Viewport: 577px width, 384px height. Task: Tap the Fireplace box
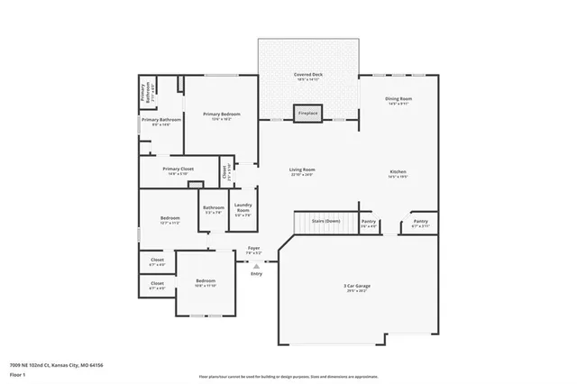[x=308, y=114]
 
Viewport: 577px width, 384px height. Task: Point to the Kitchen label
[x=398, y=172]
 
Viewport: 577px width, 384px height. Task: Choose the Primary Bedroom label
[x=221, y=114]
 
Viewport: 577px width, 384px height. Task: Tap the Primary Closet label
[x=179, y=169]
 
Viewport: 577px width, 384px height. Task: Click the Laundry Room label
[x=243, y=208]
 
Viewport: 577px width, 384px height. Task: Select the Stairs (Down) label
[x=325, y=221]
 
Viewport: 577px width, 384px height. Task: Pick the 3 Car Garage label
[x=356, y=287]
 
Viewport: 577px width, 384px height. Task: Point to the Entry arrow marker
[x=257, y=266]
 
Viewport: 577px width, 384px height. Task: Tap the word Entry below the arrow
[x=257, y=274]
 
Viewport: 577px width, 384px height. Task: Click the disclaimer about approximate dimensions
[x=288, y=374]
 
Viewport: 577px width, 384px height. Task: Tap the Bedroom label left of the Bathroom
[x=170, y=219]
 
